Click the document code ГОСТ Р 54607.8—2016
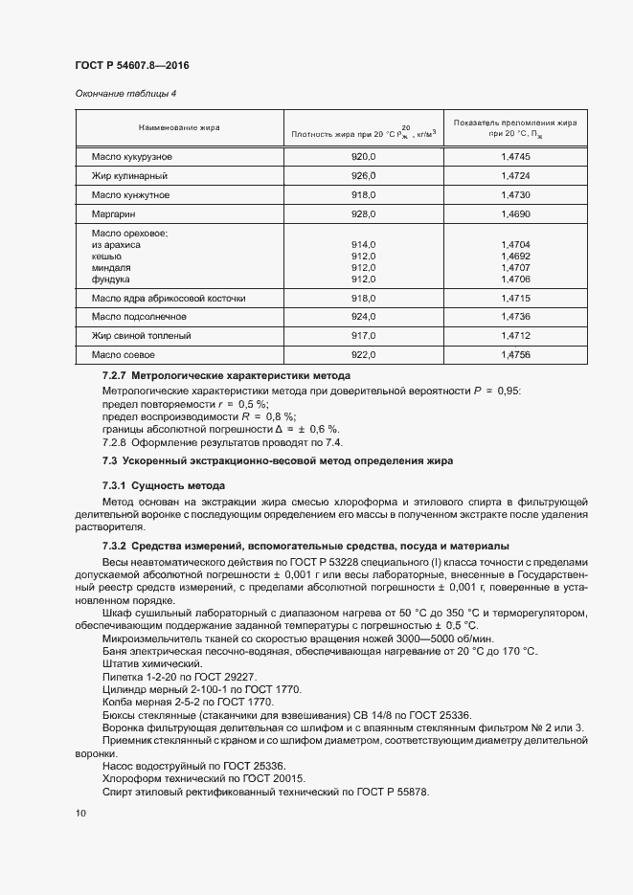coord(138,65)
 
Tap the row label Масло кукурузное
coord(131,156)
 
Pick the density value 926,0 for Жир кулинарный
coord(364,176)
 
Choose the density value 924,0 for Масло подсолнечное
coord(364,316)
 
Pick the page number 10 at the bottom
coord(80,814)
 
